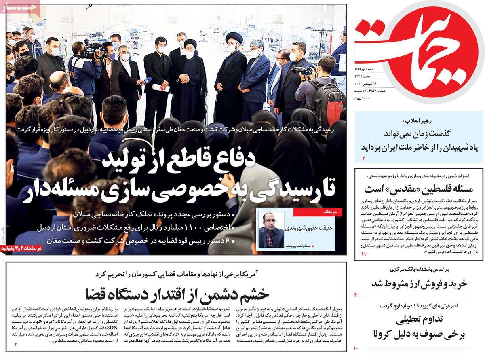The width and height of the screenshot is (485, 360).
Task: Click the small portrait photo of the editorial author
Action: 271,229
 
